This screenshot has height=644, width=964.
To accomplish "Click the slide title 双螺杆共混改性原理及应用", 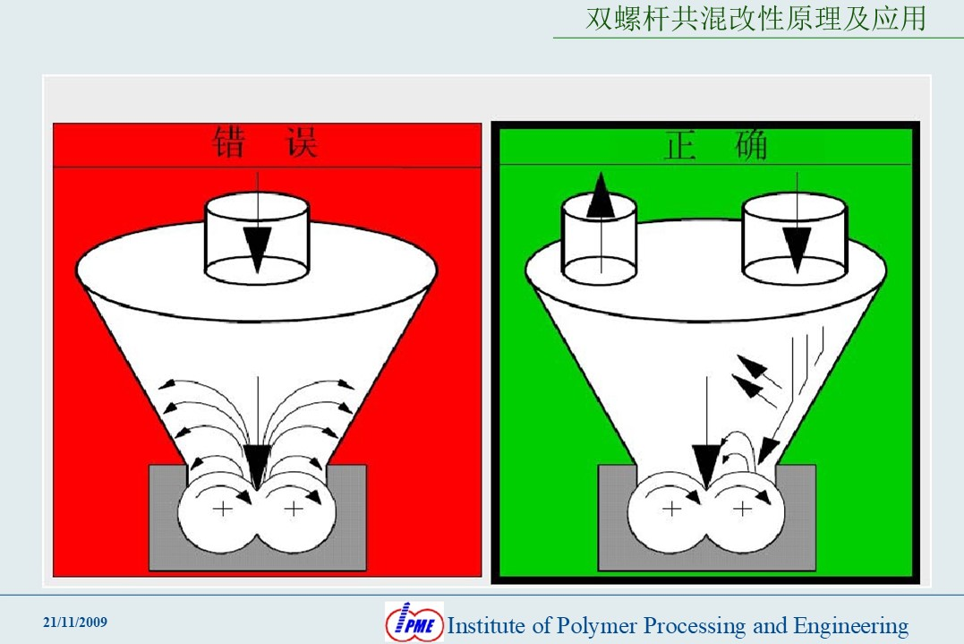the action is pyautogui.click(x=755, y=19).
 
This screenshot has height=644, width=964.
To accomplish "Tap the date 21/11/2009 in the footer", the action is pyautogui.click(x=75, y=622).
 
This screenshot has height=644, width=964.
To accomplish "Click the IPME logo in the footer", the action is pyautogui.click(x=414, y=622).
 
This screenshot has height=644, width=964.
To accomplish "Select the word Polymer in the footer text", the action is pyautogui.click(x=596, y=626).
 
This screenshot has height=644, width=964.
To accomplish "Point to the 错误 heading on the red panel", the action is pyautogui.click(x=265, y=142).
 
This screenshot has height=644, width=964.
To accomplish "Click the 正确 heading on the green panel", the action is pyautogui.click(x=716, y=145).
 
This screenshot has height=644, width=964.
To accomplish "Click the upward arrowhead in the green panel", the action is pyautogui.click(x=601, y=195).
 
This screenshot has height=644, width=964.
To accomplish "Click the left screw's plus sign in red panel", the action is pyautogui.click(x=223, y=509).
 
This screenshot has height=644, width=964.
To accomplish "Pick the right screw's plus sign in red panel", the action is pyautogui.click(x=294, y=509).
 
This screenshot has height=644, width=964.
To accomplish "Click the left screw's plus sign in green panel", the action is pyautogui.click(x=671, y=509).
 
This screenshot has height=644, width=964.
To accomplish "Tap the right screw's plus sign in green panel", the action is pyautogui.click(x=743, y=509).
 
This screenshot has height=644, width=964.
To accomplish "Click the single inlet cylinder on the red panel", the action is pyautogui.click(x=256, y=238).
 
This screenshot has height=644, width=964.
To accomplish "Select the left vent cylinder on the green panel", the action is pyautogui.click(x=600, y=238).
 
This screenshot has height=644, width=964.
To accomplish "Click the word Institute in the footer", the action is pyautogui.click(x=487, y=625).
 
